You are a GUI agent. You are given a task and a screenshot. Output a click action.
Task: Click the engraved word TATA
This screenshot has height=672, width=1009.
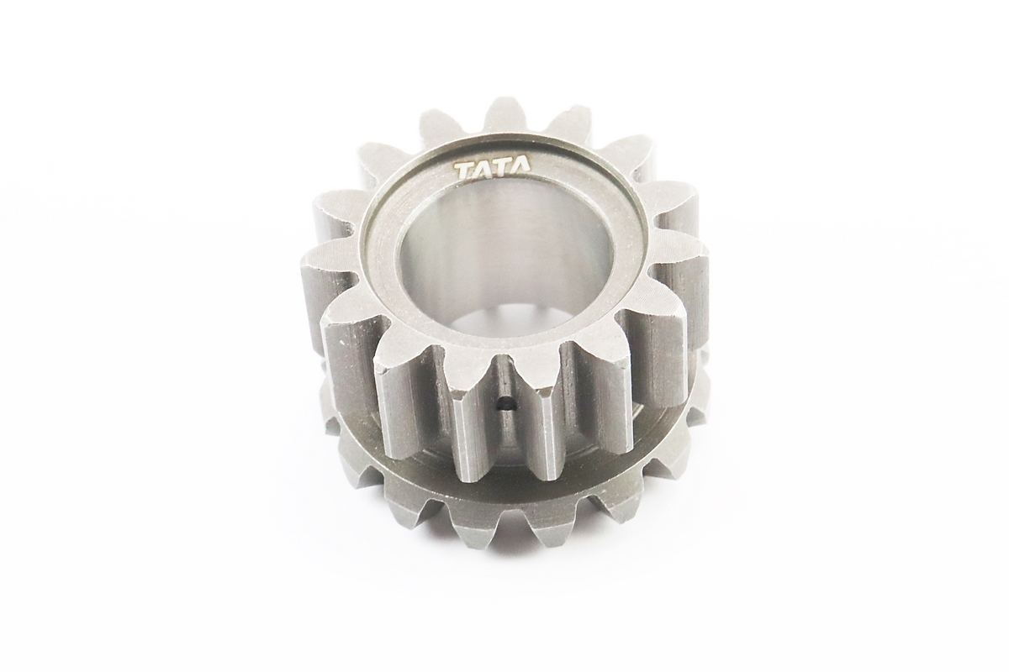[493, 171]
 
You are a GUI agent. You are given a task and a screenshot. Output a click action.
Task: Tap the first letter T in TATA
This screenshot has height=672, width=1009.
[464, 172]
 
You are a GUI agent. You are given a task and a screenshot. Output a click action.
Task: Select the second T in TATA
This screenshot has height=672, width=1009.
[502, 171]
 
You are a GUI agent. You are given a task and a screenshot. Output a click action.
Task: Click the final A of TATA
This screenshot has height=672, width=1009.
[521, 171]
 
